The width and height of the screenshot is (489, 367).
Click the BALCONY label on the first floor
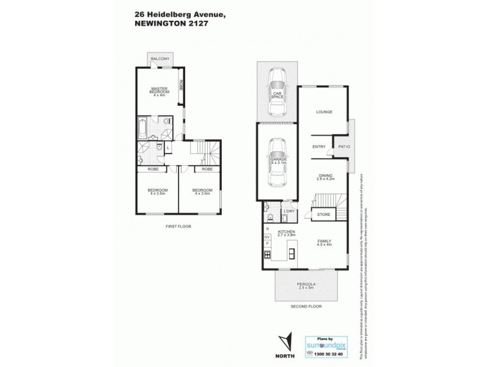click(160, 59)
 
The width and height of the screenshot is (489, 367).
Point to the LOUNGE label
click(323, 112)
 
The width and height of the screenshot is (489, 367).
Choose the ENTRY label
click(318, 146)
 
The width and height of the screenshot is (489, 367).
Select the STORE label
click(323, 214)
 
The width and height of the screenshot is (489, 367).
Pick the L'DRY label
click(289, 212)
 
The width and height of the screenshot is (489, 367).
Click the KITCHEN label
click(286, 232)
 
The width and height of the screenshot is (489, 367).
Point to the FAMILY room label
click(324, 242)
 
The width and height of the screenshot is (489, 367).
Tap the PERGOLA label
click(306, 284)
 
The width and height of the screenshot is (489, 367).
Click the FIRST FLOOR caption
click(178, 226)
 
